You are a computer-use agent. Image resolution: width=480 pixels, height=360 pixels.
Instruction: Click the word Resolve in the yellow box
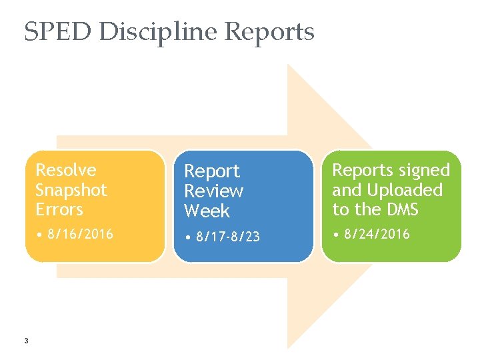coord(66,171)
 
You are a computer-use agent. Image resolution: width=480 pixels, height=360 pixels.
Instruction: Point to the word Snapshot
coord(71,190)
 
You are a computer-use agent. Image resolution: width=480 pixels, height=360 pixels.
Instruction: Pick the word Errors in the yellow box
coord(59,209)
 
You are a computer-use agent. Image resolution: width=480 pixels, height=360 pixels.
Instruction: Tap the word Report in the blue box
coord(212,172)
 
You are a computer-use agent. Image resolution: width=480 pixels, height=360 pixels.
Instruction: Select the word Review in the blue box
coord(214,191)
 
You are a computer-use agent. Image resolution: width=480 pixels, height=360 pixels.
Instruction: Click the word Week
coord(207,211)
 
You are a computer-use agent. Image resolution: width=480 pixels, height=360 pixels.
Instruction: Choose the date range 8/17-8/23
coord(226,237)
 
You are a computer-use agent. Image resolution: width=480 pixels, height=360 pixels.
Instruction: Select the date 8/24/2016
coord(376,234)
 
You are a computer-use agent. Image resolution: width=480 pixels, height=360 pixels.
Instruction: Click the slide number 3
coord(25,342)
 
